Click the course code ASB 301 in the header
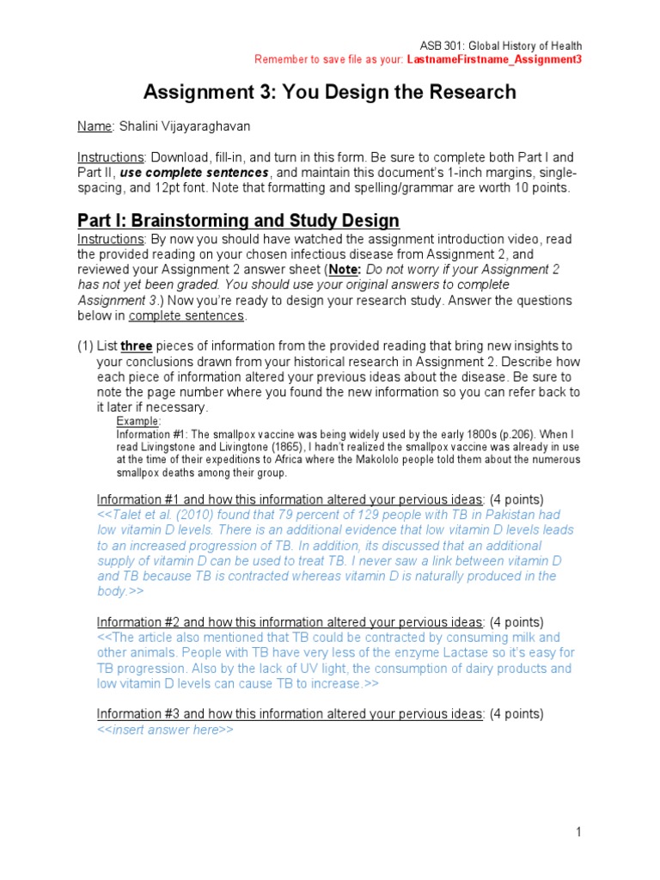pos(443,46)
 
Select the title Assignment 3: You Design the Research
pos(329,92)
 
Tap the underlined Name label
pos(95,126)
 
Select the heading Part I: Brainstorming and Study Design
pos(238,220)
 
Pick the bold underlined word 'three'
pos(136,345)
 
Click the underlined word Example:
pos(138,422)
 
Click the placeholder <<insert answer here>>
pos(165,730)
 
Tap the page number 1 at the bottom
pos(579,832)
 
